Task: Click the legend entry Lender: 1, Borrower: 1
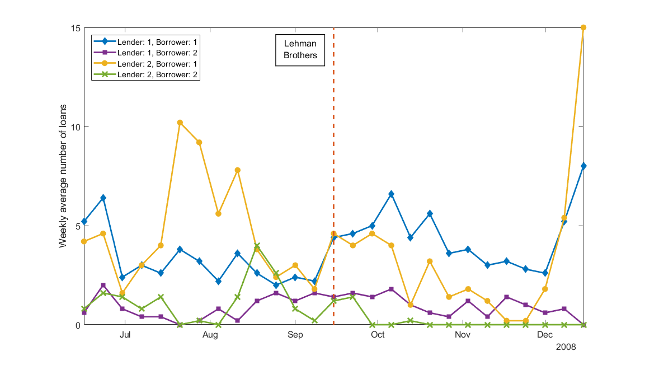pyautogui.click(x=157, y=42)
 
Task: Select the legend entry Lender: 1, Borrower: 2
pyautogui.click(x=157, y=53)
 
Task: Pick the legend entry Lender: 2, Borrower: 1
pyautogui.click(x=157, y=63)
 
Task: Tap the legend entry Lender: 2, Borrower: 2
pyautogui.click(x=157, y=74)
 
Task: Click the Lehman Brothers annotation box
pyautogui.click(x=300, y=49)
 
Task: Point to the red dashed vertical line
pyautogui.click(x=333, y=168)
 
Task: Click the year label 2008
pyautogui.click(x=566, y=347)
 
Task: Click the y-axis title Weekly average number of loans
pyautogui.click(x=64, y=176)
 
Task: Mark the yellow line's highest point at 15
pyautogui.click(x=583, y=27)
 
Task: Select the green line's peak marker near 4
pyautogui.click(x=257, y=246)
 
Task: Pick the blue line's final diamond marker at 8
pyautogui.click(x=583, y=166)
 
